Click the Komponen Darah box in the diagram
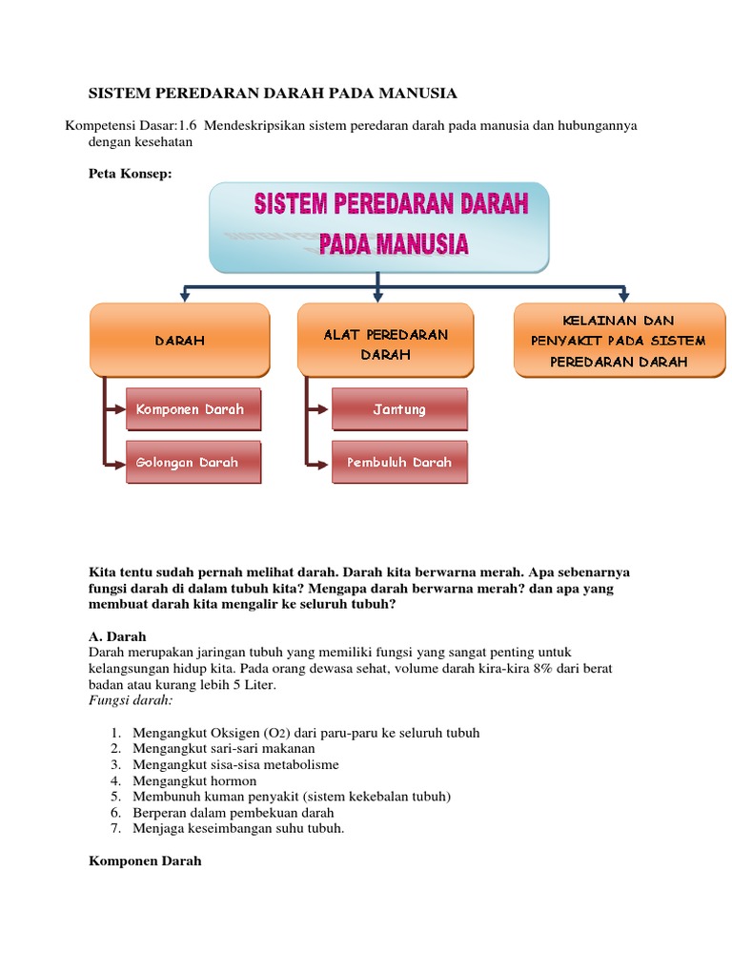tap(191, 409)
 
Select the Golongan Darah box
tap(191, 462)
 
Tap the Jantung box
tap(399, 409)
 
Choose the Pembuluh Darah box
tap(399, 462)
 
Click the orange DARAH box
tap(180, 340)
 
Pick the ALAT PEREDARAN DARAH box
tap(385, 340)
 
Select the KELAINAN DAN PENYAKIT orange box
tap(619, 340)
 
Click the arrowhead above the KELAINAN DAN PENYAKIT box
tap(624, 296)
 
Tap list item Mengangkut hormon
tap(194, 780)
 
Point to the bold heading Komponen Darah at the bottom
tap(145, 860)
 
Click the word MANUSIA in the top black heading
tap(413, 93)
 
